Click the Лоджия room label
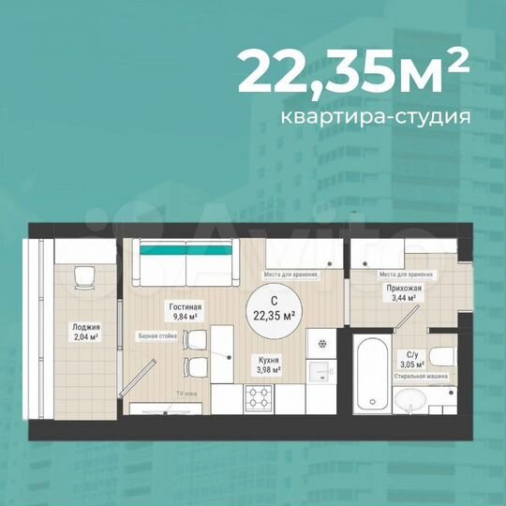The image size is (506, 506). click(x=85, y=326)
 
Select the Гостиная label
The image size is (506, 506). click(x=186, y=306)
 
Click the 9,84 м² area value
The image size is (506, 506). click(x=186, y=317)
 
